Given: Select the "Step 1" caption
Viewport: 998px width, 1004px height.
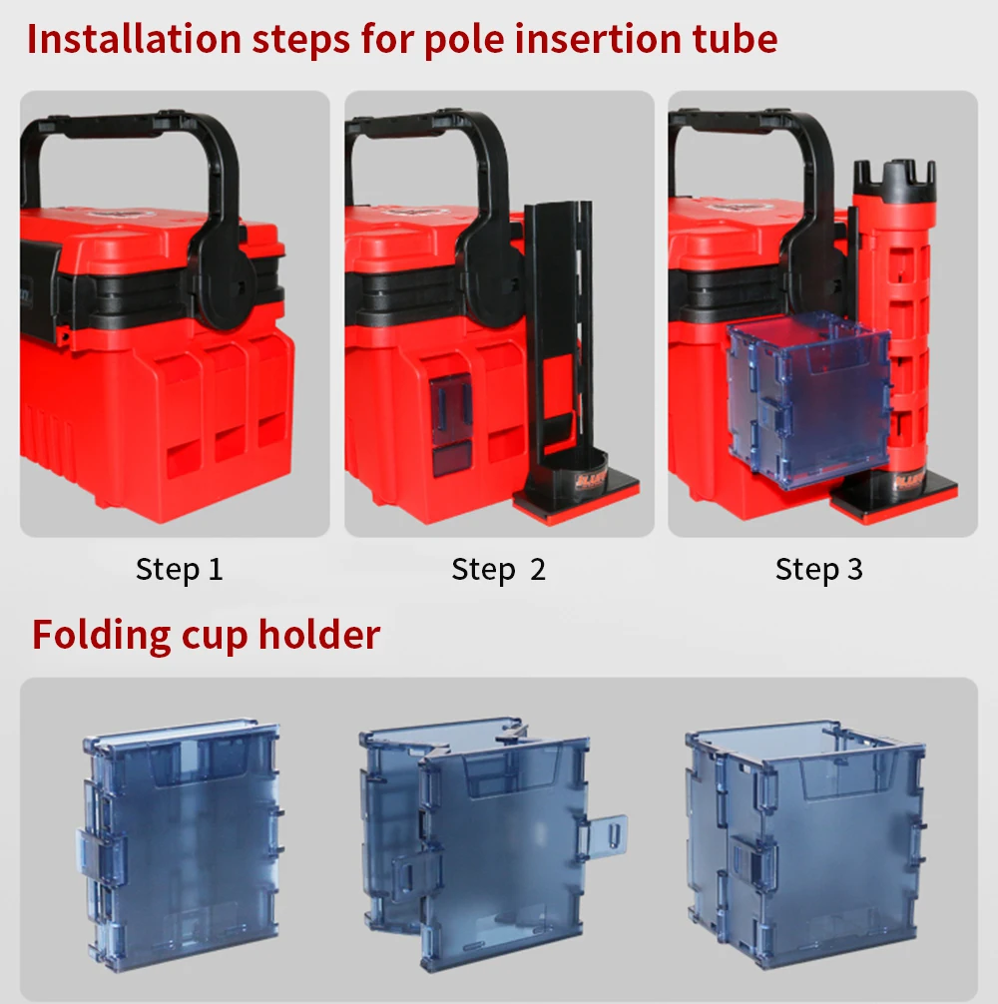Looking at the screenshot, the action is pos(180,569).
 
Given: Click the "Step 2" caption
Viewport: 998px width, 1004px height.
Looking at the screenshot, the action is pos(499,569).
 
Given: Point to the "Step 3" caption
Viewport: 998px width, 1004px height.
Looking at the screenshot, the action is pos(819,569).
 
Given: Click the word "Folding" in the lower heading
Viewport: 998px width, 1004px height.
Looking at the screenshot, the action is pos(101,636).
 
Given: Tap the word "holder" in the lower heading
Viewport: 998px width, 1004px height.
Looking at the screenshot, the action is pos(319,634).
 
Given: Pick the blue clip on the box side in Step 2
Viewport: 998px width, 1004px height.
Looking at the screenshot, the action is pos(451,410).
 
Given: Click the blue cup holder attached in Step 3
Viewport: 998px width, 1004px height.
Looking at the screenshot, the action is pos(807,403).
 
